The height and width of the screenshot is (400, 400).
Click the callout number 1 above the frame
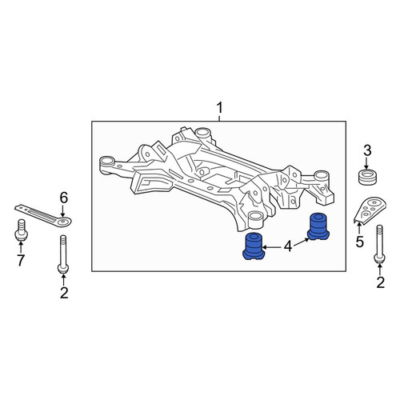pyautogui.click(x=219, y=109)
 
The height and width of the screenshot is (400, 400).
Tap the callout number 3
pyautogui.click(x=367, y=151)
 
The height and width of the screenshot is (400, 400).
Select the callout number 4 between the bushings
pyautogui.click(x=288, y=247)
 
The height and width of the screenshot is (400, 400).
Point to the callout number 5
pyautogui.click(x=360, y=242)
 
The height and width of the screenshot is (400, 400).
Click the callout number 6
pyautogui.click(x=64, y=198)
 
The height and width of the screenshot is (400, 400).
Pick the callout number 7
pyautogui.click(x=21, y=261)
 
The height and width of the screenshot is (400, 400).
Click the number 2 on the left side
pyautogui.click(x=64, y=294)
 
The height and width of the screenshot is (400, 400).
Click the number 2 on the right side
pyautogui.click(x=381, y=282)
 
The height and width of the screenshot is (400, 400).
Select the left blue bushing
pyautogui.click(x=254, y=246)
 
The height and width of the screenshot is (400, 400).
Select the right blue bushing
pyautogui.click(x=318, y=226)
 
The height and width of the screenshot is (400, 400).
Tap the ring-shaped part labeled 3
pyautogui.click(x=366, y=177)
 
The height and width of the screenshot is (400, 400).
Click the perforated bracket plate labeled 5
pyautogui.click(x=370, y=209)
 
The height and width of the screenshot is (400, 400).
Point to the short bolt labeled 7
pyautogui.click(x=21, y=230)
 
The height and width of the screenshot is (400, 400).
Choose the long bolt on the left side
pyautogui.click(x=63, y=254)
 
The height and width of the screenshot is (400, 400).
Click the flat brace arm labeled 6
pyautogui.click(x=42, y=216)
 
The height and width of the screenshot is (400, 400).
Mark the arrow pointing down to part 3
pyautogui.click(x=366, y=163)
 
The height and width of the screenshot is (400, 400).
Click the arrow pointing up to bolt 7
pyautogui.click(x=21, y=247)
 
